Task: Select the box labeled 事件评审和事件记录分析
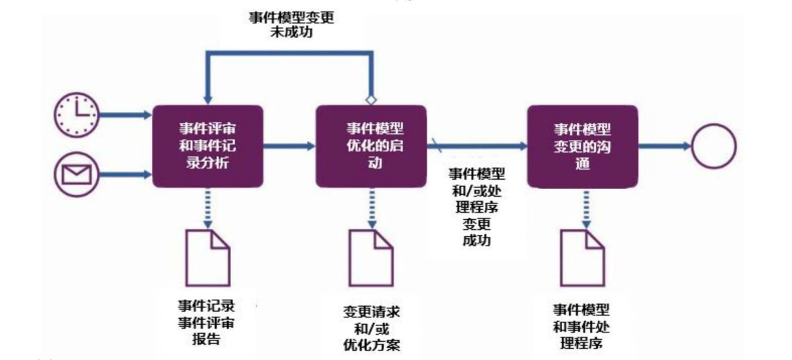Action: [208, 146]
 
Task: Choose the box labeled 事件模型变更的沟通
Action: [582, 146]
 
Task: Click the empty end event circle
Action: [713, 146]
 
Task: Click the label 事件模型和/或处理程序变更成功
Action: [477, 206]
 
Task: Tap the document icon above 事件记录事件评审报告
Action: [207, 258]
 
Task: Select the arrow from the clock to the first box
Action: [126, 116]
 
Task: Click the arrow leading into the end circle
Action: [665, 146]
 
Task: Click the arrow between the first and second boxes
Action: [289, 146]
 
